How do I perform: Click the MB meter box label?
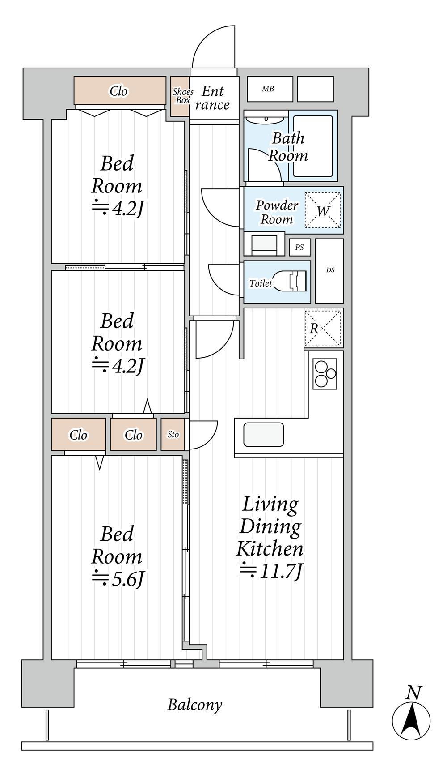click(x=268, y=89)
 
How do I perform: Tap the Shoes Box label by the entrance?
click(x=183, y=96)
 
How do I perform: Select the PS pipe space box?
click(x=299, y=247)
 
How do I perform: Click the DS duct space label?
click(x=330, y=270)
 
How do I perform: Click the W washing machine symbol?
click(x=323, y=210)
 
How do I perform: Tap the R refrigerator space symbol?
click(x=323, y=328)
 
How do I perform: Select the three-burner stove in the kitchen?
click(x=325, y=374)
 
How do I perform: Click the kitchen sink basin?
click(x=264, y=435)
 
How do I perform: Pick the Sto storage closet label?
click(x=173, y=434)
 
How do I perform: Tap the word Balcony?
click(x=195, y=705)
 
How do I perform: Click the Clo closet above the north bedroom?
click(x=120, y=91)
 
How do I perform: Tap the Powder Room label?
click(x=277, y=212)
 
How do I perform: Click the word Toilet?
click(x=261, y=283)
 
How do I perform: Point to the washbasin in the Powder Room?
click(x=264, y=244)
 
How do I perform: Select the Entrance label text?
click(x=212, y=98)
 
